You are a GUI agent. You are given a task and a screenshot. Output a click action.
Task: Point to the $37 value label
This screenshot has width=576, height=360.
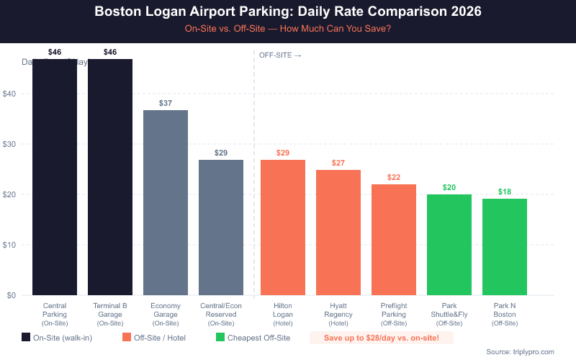[166, 104]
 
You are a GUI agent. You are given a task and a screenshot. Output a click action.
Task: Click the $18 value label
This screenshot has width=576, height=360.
[504, 192]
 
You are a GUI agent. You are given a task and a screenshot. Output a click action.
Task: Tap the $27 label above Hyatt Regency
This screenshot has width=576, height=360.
[338, 163]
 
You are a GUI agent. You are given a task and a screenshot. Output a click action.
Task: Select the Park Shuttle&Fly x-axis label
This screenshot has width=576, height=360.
[449, 315]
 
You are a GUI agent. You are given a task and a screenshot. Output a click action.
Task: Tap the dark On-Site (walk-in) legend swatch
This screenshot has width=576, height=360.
[27, 338]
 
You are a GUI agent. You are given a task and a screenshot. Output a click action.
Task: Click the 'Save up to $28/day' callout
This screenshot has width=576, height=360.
[382, 338]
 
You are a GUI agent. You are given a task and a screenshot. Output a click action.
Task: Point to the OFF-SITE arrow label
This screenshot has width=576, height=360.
[280, 55]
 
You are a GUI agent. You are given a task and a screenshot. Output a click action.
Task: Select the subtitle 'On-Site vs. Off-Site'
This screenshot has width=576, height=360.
[288, 30]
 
